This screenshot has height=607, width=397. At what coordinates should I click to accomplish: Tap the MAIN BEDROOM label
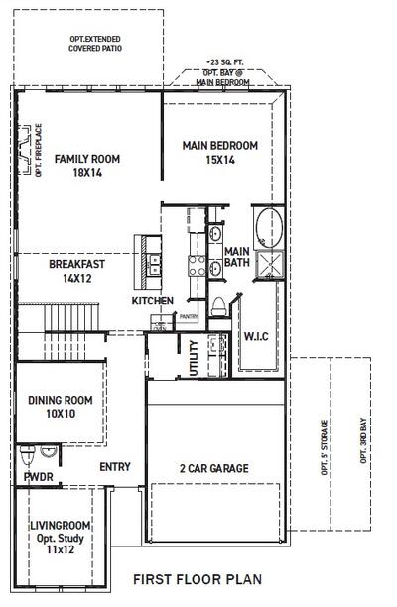pos(219,146)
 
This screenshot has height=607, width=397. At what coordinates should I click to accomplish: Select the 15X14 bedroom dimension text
pos(219,159)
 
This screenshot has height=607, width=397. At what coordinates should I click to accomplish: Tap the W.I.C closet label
pos(256,337)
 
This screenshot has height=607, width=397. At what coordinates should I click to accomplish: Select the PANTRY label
pos(189,317)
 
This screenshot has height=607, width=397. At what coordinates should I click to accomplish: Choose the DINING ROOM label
pos(60,400)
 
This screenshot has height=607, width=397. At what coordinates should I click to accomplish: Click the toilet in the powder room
pos(29,456)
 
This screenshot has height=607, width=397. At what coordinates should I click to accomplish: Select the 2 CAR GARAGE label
pos(214,468)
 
